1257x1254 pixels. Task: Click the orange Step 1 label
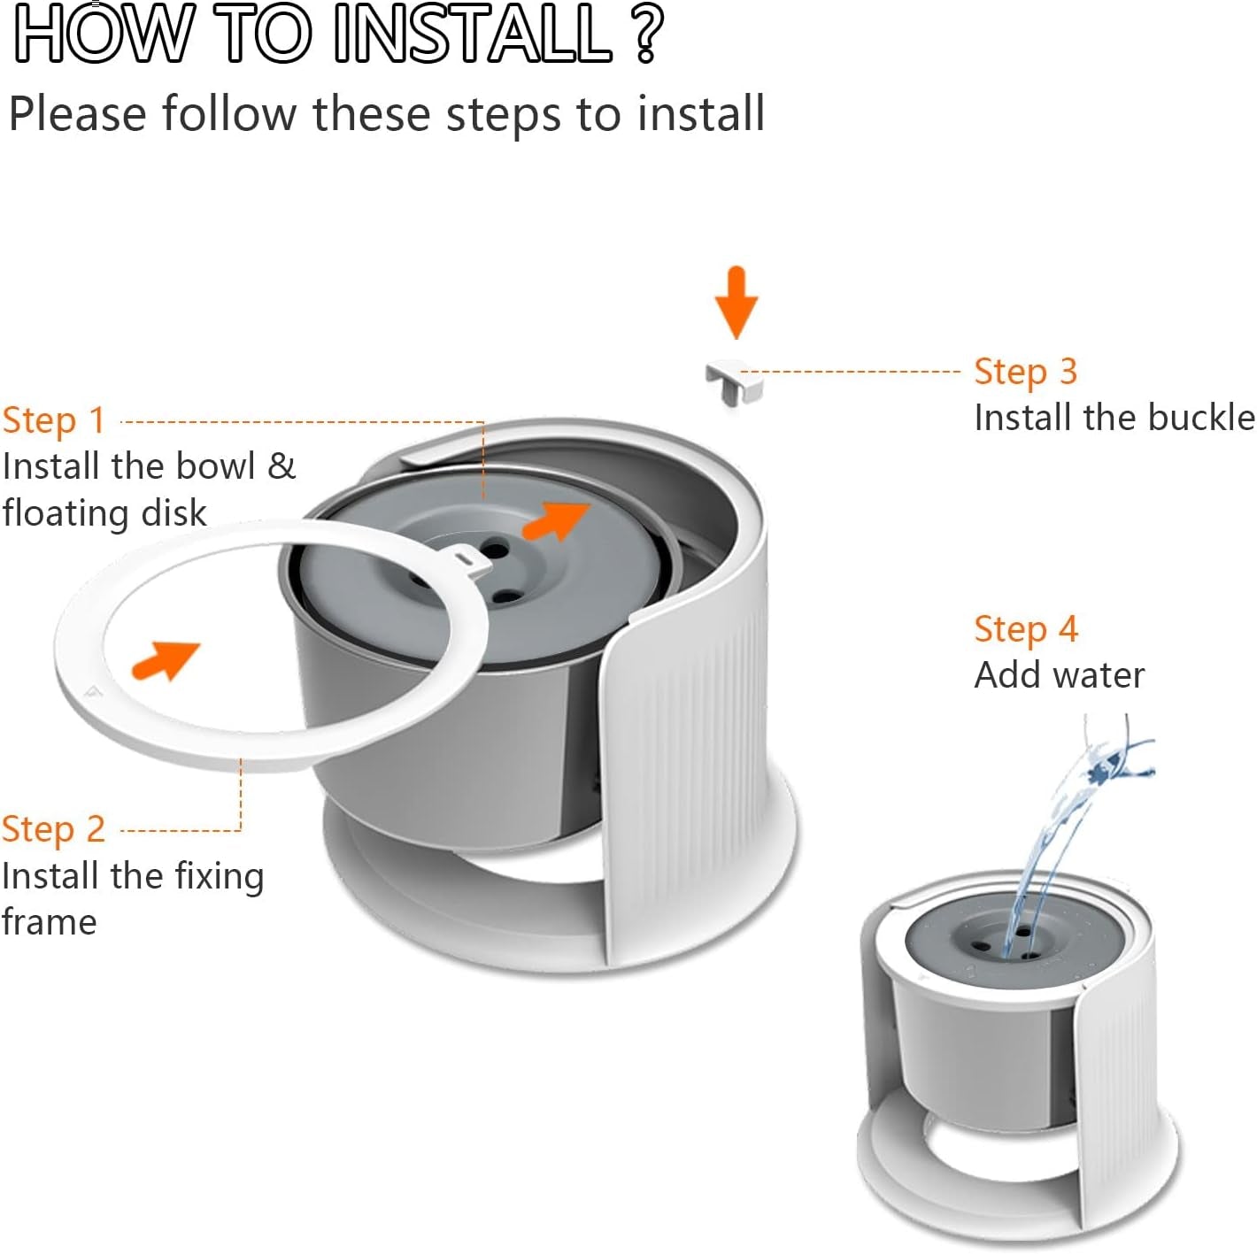point(54,420)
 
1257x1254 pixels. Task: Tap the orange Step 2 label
point(54,830)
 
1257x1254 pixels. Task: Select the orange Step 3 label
point(1025,372)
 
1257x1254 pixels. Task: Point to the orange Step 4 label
point(1025,629)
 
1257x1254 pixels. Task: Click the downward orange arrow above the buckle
point(736,302)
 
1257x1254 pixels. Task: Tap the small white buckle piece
point(733,381)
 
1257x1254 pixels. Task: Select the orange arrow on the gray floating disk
point(556,519)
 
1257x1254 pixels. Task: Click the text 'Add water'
point(1059,675)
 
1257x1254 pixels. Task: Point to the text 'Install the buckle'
point(1114,418)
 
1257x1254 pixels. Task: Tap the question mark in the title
point(649,35)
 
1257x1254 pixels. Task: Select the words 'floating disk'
point(104,513)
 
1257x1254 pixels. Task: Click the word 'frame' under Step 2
point(50,922)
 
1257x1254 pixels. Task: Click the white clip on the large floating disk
point(467,559)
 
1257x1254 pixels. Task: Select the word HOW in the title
point(103,35)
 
